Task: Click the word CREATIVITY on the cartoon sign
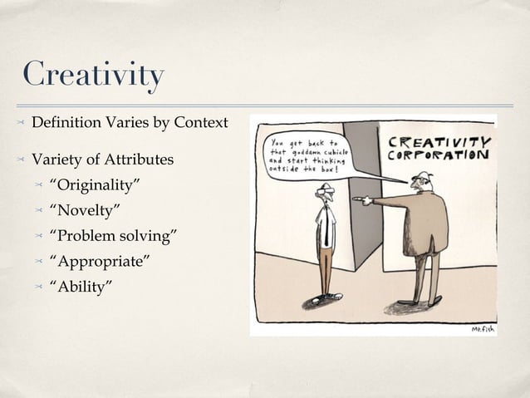coord(439,142)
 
